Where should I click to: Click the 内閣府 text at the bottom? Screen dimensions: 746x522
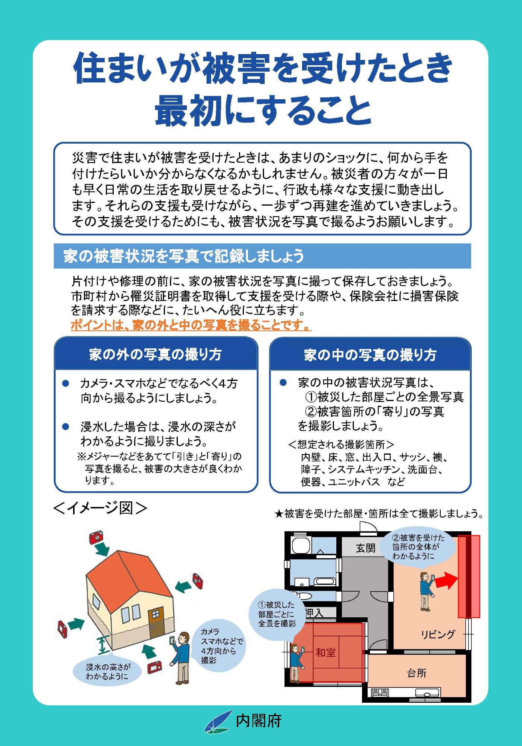258,720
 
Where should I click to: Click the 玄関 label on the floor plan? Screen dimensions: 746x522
365,548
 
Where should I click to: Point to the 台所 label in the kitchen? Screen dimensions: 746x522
416,673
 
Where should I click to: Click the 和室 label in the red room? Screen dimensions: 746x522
326,652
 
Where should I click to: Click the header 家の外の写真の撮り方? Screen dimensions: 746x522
155,354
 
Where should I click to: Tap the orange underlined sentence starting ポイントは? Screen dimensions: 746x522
191,326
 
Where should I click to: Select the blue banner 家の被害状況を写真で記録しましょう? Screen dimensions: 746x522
262,256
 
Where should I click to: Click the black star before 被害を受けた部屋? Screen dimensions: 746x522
279,514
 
